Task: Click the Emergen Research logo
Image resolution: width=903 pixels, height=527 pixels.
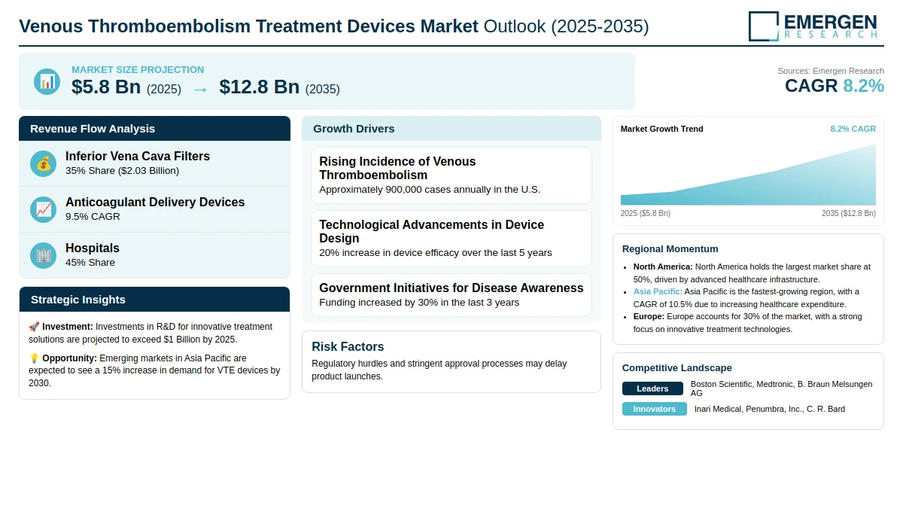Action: coord(813,26)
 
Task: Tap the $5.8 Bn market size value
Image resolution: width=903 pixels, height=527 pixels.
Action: coord(106,87)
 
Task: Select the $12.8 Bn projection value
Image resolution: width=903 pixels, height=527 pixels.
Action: coord(260,87)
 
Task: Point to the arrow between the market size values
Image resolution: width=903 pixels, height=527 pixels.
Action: coord(200,89)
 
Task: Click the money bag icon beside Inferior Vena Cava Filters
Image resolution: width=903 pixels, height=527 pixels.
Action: coord(44,163)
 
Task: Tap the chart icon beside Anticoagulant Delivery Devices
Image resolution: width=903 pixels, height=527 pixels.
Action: coord(44,209)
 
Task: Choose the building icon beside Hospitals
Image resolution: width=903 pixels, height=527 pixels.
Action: coord(44,255)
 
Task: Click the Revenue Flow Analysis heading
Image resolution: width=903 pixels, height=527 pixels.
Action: coord(93,129)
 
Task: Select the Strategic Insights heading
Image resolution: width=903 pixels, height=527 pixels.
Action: coord(78,300)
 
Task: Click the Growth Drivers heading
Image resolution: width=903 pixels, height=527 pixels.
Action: coord(354,129)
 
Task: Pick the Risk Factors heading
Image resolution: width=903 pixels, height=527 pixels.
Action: coord(348,347)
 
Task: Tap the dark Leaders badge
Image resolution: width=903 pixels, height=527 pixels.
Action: coord(652,388)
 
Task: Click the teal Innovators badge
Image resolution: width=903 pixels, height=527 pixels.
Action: coord(654,409)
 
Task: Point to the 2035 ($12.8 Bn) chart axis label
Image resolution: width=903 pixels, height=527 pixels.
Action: coord(848,214)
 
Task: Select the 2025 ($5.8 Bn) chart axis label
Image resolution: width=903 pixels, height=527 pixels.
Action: coord(646,214)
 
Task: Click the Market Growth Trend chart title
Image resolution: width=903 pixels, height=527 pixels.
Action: coord(661,129)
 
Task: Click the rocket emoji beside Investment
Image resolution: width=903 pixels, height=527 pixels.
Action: coord(34,327)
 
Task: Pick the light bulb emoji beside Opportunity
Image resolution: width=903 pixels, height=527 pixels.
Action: coord(34,358)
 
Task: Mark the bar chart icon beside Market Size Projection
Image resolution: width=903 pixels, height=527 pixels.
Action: coord(47,81)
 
